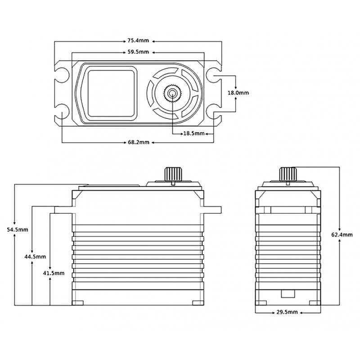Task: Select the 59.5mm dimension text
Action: (x=138, y=52)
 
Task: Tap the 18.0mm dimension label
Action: (x=238, y=93)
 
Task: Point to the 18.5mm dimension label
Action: (x=193, y=134)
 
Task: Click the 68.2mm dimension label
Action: (x=138, y=142)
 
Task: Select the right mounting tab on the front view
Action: (x=213, y=209)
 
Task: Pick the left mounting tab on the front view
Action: (x=63, y=209)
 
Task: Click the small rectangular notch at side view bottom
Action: (x=287, y=294)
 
